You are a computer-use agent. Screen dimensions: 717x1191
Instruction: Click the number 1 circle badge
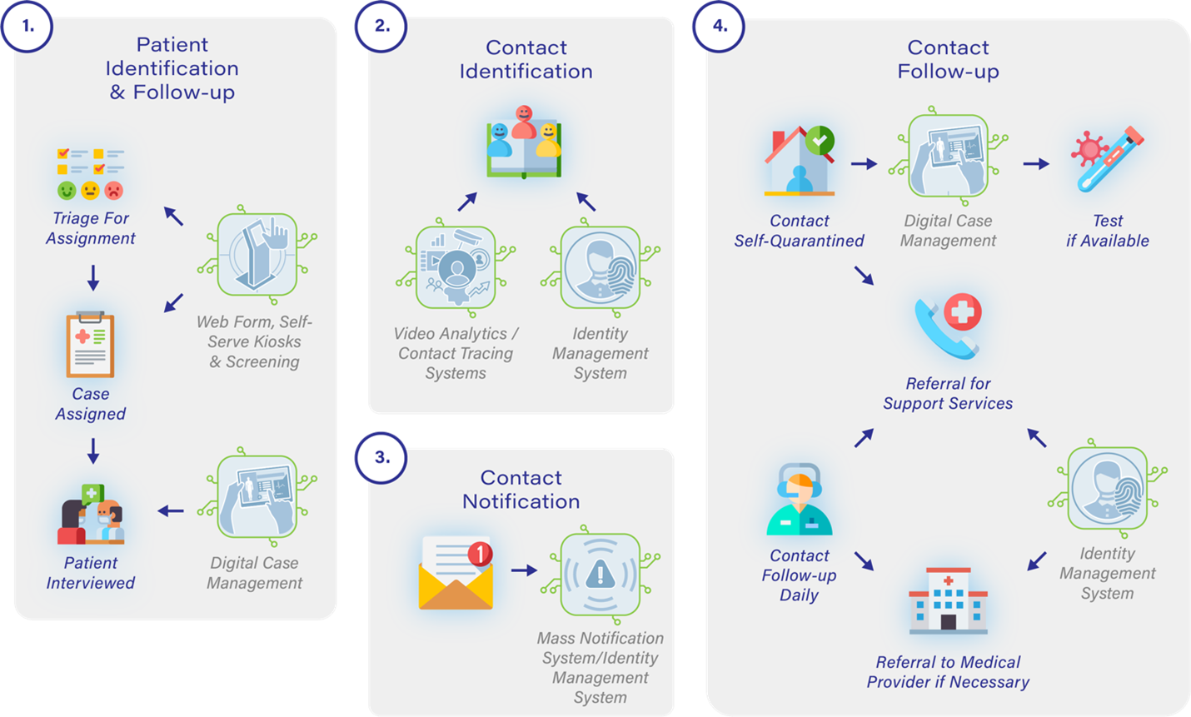click(27, 26)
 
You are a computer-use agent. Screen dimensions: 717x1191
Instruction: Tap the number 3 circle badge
click(381, 457)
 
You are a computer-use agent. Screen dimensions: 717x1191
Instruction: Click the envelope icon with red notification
click(456, 573)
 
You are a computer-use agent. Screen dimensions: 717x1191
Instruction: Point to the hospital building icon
click(948, 600)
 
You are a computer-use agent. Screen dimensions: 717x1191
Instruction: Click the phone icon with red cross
click(948, 325)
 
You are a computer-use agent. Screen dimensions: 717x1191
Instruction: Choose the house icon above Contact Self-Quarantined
click(799, 162)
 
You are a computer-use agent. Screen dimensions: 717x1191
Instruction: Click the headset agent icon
click(799, 500)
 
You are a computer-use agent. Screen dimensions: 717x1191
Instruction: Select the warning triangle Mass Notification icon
click(600, 574)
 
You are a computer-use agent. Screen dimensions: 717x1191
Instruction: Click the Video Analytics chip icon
click(456, 267)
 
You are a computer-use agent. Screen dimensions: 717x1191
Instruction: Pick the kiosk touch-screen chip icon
click(257, 255)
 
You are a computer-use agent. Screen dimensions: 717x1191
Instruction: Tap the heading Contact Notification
click(521, 490)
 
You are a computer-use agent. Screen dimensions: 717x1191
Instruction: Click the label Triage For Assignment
click(90, 228)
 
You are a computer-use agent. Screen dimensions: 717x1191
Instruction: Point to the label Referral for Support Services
click(948, 393)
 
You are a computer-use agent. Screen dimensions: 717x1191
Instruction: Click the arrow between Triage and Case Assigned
click(93, 277)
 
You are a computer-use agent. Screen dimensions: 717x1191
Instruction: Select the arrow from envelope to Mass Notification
click(524, 570)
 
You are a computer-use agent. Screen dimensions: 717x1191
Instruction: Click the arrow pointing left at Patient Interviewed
click(171, 510)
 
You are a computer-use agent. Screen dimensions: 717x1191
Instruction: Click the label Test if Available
click(1107, 231)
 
